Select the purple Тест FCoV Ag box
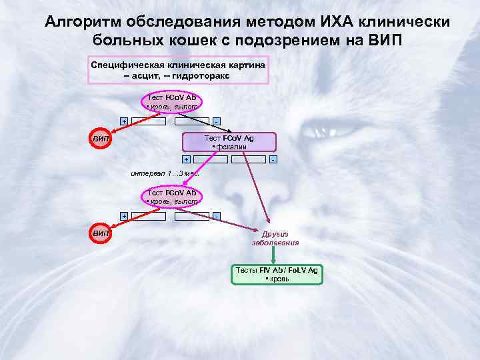229,142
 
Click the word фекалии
231,147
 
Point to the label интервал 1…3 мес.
165,174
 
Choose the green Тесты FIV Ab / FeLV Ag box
277,274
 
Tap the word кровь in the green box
279,279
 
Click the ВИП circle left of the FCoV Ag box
101,139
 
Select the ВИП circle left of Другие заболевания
101,234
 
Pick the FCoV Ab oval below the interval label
172,197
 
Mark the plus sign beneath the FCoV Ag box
186,159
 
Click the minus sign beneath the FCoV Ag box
273,159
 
